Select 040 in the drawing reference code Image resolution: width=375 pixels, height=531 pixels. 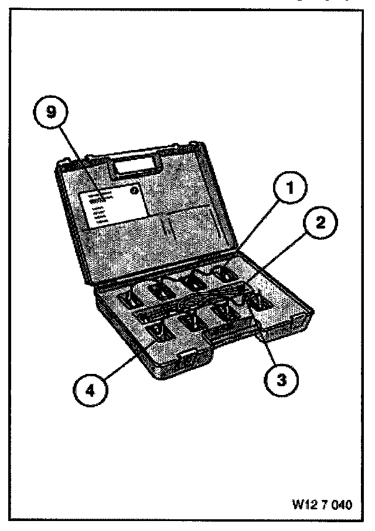coord(343,504)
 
